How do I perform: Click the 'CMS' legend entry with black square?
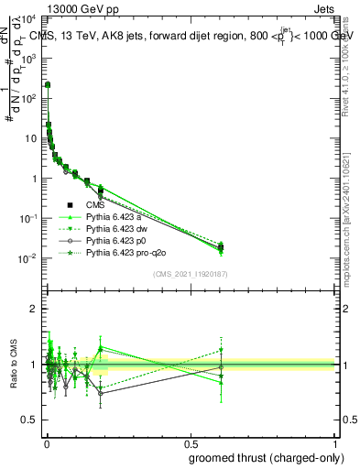pyautogui.click(x=96, y=205)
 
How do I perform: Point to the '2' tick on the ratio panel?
pyautogui.click(x=35, y=309)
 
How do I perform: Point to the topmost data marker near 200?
pyautogui.click(x=48, y=84)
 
